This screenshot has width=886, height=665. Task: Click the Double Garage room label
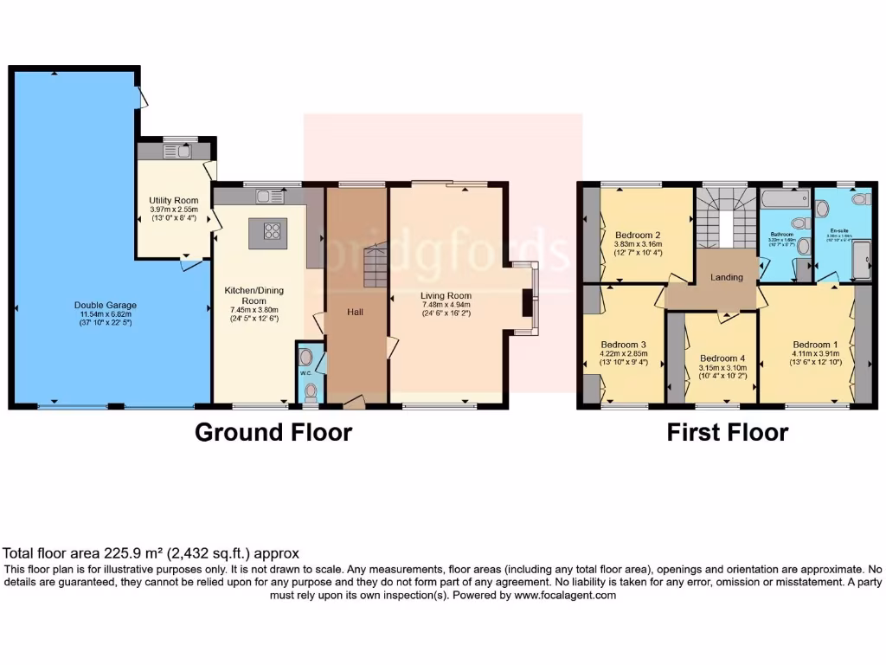click(x=105, y=305)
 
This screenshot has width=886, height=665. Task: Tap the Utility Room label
click(x=175, y=200)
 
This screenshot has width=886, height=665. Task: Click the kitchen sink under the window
click(x=263, y=196)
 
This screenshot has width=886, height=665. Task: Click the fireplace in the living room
click(x=526, y=302)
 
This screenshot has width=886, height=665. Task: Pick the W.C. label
click(x=305, y=373)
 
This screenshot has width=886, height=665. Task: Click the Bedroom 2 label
click(x=638, y=235)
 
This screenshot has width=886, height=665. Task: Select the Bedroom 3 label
click(x=623, y=344)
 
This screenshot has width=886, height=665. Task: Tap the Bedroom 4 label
click(x=722, y=358)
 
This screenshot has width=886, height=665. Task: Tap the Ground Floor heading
click(x=273, y=432)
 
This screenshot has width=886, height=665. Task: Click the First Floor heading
click(x=727, y=432)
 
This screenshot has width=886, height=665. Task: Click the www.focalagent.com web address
click(x=565, y=596)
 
